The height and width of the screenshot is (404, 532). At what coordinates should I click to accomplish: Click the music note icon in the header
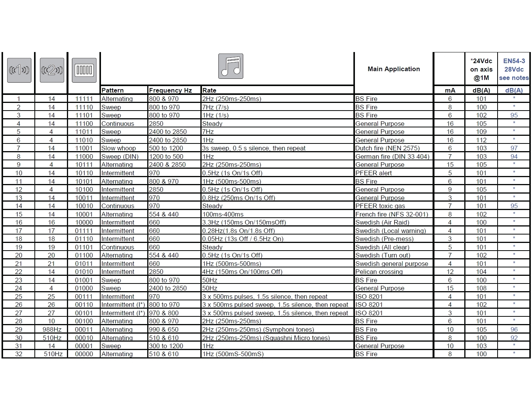231,66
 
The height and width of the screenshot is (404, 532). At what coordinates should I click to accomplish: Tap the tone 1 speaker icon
19,70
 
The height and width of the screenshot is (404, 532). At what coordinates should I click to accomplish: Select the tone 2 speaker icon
52,70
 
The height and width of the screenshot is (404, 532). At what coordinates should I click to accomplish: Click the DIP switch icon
84,70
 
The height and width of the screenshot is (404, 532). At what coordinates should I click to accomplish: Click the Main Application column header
394,69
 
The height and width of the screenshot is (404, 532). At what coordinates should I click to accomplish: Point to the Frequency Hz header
170,90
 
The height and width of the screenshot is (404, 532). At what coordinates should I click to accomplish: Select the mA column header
450,90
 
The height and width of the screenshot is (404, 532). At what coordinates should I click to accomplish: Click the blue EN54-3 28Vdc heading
514,69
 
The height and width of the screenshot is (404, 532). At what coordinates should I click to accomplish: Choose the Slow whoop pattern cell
119,148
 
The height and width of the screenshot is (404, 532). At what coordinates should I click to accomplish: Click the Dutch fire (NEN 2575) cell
387,148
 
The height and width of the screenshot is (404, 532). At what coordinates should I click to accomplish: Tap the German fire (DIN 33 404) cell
392,156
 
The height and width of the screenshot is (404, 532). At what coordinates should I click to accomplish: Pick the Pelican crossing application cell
379,272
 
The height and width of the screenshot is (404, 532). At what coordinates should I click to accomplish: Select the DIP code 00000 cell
84,354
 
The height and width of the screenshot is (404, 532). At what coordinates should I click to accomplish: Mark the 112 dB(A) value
481,140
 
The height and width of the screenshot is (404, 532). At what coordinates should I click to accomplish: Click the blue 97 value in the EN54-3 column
514,148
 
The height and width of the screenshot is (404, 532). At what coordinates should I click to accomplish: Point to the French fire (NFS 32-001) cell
392,214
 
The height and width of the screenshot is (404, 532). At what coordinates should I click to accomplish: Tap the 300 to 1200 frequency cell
166,346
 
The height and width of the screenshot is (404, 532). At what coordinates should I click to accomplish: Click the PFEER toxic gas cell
380,206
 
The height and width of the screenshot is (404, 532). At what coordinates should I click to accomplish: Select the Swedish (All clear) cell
382,247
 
